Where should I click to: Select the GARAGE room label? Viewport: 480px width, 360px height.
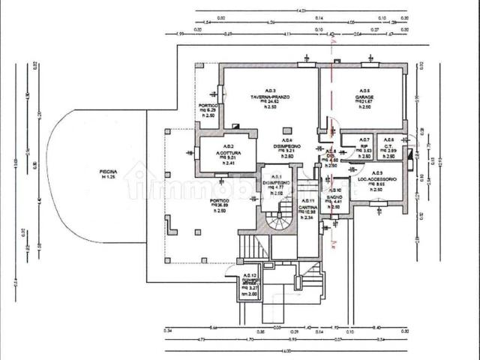click(x=364, y=97)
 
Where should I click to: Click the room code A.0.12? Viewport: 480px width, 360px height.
click(x=250, y=276)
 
